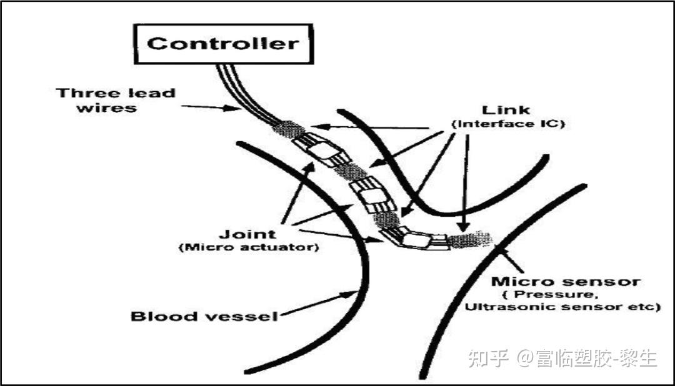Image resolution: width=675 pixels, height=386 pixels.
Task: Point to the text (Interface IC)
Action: pyautogui.click(x=507, y=124)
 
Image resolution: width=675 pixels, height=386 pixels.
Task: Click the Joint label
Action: pyautogui.click(x=247, y=234)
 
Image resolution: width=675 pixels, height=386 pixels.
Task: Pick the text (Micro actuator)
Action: pyautogui.click(x=248, y=247)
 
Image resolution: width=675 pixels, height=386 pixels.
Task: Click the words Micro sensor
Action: pyautogui.click(x=566, y=281)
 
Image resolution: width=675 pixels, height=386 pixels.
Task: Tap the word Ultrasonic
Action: pyautogui.click(x=499, y=307)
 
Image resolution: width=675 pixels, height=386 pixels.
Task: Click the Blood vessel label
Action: pyautogui.click(x=204, y=315)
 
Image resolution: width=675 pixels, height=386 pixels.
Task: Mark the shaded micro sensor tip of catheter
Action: pyautogui.click(x=471, y=239)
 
